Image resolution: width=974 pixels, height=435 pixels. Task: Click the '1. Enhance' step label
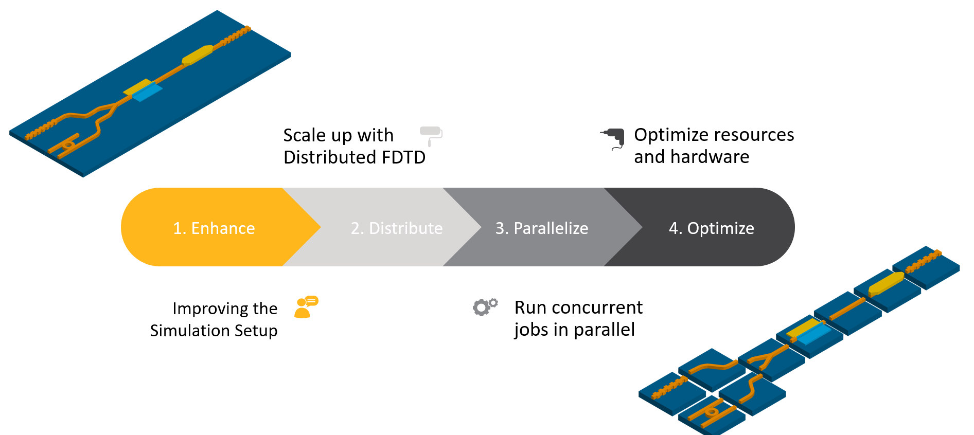pyautogui.click(x=214, y=228)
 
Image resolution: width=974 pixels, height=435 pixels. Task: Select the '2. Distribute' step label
pyautogui.click(x=396, y=228)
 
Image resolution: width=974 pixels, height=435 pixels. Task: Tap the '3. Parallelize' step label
pyautogui.click(x=541, y=228)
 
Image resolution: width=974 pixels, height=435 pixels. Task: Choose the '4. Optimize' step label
pyautogui.click(x=711, y=228)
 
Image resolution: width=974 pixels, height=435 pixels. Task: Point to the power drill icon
pyautogui.click(x=613, y=138)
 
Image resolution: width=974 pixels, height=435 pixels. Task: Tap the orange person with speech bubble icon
pyautogui.click(x=306, y=307)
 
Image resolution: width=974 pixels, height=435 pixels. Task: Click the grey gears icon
pyautogui.click(x=485, y=306)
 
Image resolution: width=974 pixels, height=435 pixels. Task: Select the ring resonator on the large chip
pyautogui.click(x=68, y=146)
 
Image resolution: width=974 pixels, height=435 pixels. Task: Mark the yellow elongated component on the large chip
pyautogui.click(x=198, y=55)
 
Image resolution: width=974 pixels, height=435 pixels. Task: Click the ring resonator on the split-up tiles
pyautogui.click(x=712, y=412)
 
